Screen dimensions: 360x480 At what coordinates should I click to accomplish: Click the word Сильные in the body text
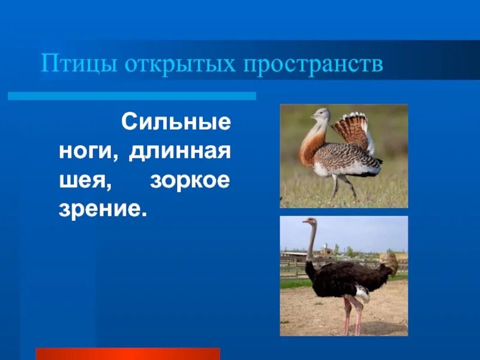pos(176,123)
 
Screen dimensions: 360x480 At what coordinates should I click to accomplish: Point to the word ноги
pos(87,152)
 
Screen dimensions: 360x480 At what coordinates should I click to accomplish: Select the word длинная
pos(180,152)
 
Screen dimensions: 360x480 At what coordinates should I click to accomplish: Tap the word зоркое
pos(190,181)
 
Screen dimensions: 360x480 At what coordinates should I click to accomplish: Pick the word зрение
pos(103,209)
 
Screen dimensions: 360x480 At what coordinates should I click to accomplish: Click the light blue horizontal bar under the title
pos(131,96)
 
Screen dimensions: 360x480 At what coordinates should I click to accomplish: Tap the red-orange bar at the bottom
pos(128,353)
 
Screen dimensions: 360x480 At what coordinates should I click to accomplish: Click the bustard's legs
pos(342,188)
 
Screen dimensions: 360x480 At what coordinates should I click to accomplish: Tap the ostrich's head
pos(309,221)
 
